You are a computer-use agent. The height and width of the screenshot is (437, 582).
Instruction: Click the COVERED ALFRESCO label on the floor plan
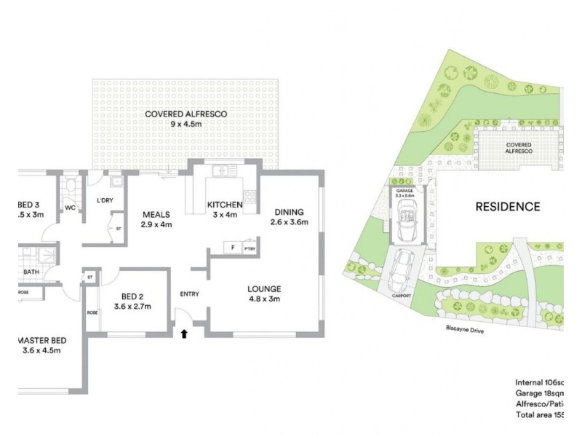pyautogui.click(x=186, y=114)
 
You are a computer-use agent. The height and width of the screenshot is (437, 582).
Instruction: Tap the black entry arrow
pyautogui.click(x=184, y=334)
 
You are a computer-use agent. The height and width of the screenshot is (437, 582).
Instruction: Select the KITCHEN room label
pyautogui.click(x=225, y=205)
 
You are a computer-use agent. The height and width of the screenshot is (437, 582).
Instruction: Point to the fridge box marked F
pyautogui.click(x=232, y=248)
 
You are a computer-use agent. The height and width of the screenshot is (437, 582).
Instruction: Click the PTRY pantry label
pyautogui.click(x=250, y=248)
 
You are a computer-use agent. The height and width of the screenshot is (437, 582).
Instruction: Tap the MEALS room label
pyautogui.click(x=156, y=215)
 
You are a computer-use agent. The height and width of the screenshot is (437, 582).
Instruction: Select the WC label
pyautogui.click(x=71, y=208)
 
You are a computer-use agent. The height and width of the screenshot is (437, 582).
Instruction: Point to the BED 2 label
pyautogui.click(x=132, y=296)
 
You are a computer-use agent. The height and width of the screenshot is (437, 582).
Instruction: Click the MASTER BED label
pyautogui.click(x=43, y=340)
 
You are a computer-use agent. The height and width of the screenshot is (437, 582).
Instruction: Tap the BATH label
pyautogui.click(x=31, y=272)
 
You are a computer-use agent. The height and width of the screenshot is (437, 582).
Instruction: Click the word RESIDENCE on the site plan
pyautogui.click(x=508, y=206)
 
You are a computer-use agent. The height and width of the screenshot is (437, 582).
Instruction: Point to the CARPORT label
pyautogui.click(x=401, y=296)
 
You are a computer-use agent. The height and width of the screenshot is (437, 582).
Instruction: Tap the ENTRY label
pyautogui.click(x=189, y=294)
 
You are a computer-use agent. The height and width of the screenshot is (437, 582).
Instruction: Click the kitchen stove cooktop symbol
pyautogui.click(x=250, y=196)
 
